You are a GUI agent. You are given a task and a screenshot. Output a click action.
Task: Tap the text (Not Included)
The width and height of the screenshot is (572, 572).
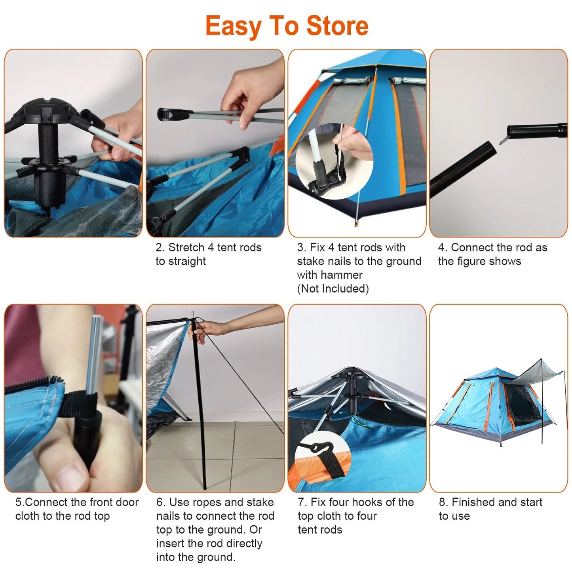coord(333,289)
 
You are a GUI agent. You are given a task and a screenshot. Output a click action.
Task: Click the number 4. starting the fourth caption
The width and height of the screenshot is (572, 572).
coord(443,248)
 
